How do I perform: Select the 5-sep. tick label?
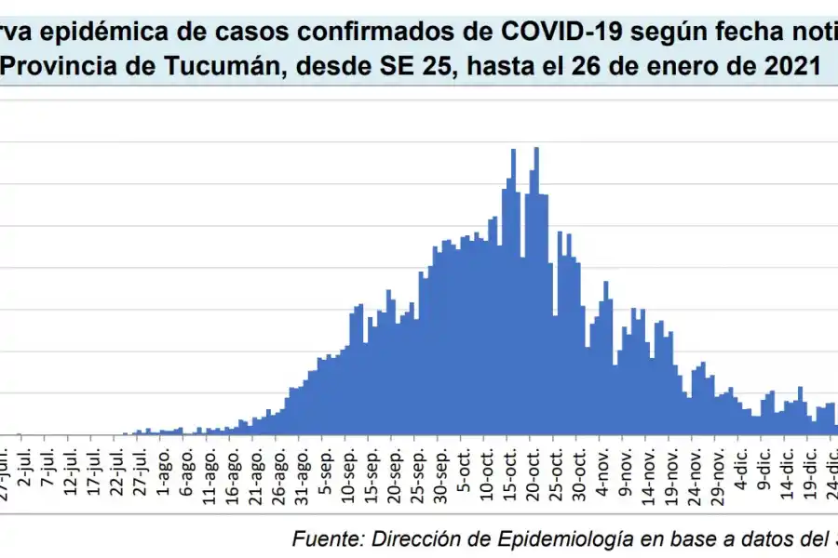[x=326, y=473]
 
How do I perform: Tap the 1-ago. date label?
[x=165, y=473]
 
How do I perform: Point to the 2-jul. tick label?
[x=28, y=472]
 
